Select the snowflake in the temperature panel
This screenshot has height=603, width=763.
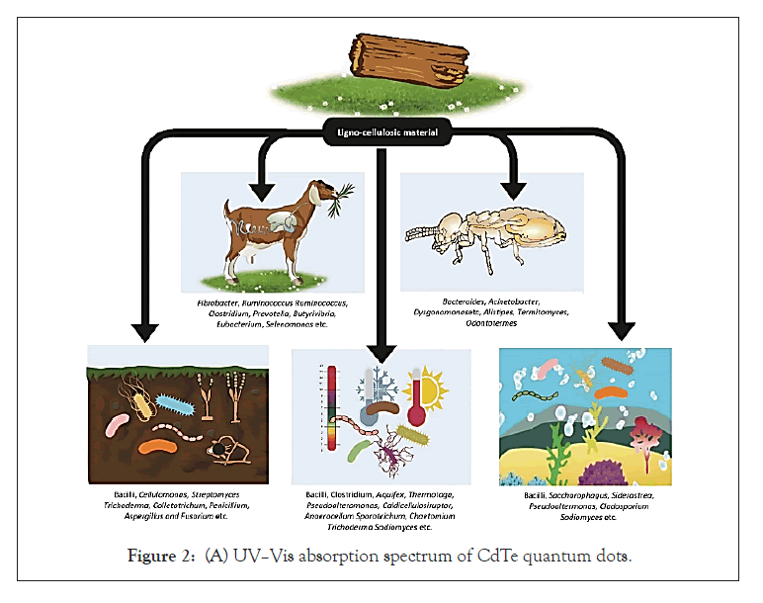[x=381, y=381]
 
